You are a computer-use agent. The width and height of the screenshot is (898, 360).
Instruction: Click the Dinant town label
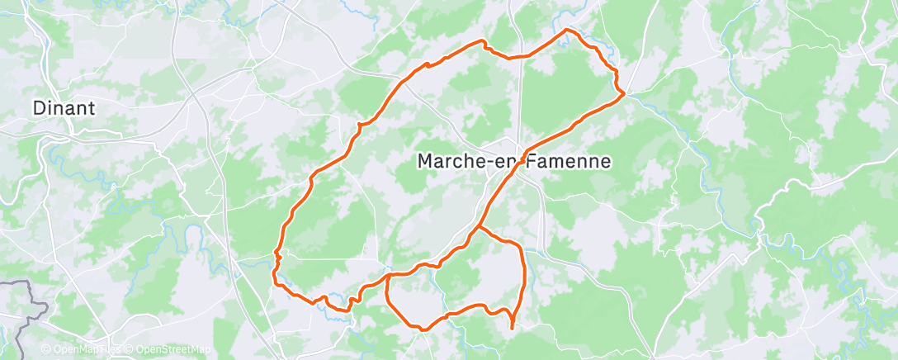[x=64, y=107]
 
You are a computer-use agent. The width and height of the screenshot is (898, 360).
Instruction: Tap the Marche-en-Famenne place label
[x=514, y=162]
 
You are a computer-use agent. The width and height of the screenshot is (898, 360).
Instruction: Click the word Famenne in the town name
[x=570, y=162]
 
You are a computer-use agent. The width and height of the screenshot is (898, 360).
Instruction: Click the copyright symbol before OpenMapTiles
[x=46, y=350]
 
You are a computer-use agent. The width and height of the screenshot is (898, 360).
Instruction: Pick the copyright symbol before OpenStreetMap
[x=130, y=350]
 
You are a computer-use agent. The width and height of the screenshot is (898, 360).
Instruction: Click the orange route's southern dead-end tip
[x=513, y=329]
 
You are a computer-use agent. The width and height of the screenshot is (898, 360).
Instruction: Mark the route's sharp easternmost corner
[x=623, y=95]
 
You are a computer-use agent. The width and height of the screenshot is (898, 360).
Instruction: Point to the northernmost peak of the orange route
[x=567, y=30]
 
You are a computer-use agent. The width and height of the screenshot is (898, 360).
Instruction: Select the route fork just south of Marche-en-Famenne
[x=478, y=226]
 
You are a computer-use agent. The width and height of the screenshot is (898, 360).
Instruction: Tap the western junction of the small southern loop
[x=387, y=275]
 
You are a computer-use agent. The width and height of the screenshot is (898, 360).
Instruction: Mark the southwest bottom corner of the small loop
[x=422, y=329]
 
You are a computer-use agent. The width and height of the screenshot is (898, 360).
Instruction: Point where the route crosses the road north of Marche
[x=521, y=56]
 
